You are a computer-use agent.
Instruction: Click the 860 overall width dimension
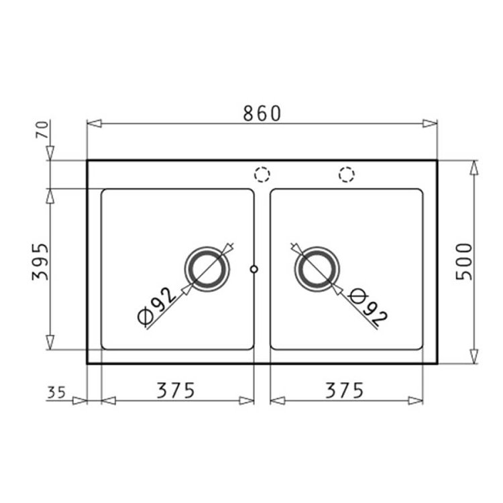pos(262,113)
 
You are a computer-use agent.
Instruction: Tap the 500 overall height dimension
pos(464,262)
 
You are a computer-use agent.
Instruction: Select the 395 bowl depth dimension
pos(40,262)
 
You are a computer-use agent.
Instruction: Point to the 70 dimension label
pos(42,129)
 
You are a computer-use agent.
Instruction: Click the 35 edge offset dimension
pos(56,392)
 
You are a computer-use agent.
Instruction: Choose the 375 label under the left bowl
pos(176,390)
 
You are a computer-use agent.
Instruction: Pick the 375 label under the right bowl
pos(344,390)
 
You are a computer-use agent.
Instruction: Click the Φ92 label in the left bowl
pos(156,305)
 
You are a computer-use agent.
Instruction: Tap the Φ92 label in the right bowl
pos(368,306)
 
